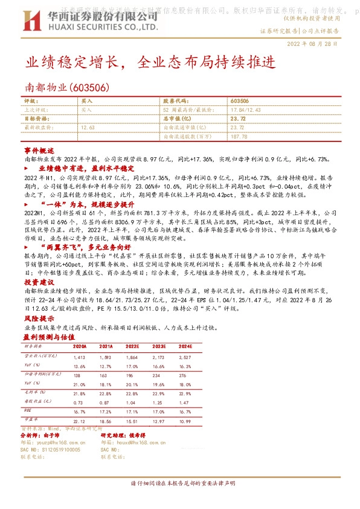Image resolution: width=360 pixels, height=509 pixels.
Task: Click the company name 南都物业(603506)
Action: (66, 88)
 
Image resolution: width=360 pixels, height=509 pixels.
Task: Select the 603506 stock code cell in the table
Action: (240, 101)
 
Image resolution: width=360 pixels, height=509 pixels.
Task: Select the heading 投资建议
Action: (39, 282)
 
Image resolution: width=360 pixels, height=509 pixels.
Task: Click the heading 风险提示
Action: (39, 318)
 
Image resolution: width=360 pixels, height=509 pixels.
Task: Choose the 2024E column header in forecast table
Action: (185, 346)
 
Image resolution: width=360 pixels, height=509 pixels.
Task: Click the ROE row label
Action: (28, 410)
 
